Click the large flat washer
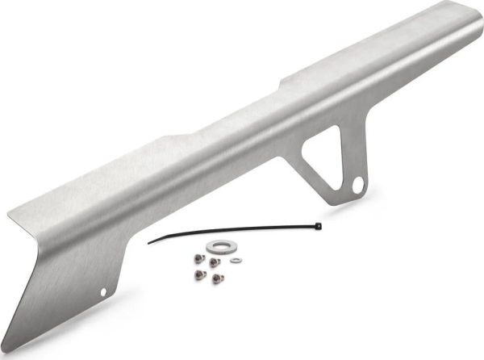pyautogui.click(x=217, y=245)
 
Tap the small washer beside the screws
pyautogui.click(x=236, y=260)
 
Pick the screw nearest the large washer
pyautogui.click(x=214, y=262)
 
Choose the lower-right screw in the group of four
pyautogui.click(x=218, y=278)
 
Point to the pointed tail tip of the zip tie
pyautogui.click(x=148, y=241)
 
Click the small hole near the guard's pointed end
pyautogui.click(x=103, y=291)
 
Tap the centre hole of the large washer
pyautogui.click(x=217, y=245)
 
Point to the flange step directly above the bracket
pyautogui.click(x=282, y=81)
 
